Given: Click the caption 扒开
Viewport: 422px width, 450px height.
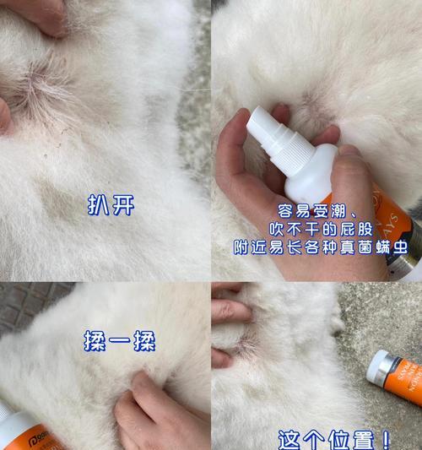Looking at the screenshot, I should coord(111,205).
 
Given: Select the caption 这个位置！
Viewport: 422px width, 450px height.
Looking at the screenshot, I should coord(335,439).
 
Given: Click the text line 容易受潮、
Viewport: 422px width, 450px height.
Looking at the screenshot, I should coord(316,210).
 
